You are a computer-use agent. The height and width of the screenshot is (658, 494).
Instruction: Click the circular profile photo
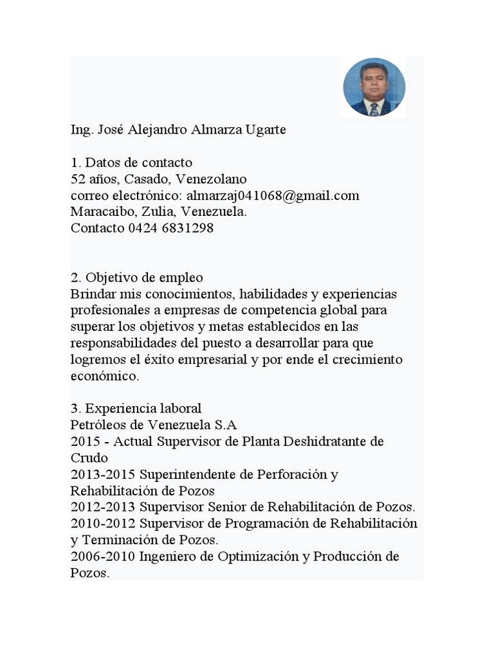coord(374,87)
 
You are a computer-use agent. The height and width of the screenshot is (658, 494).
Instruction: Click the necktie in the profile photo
coord(374,109)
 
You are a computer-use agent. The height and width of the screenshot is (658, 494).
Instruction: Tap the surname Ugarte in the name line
coord(266,130)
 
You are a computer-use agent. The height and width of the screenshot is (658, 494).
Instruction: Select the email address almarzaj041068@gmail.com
coord(273,195)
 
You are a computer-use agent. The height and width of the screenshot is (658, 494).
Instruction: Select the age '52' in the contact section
coord(78,179)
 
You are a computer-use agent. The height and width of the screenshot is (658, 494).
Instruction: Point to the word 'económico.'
coord(104,377)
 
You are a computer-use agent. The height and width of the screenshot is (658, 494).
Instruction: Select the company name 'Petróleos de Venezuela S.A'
coord(154,425)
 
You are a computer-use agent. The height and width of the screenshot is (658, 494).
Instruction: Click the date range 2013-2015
coord(103,475)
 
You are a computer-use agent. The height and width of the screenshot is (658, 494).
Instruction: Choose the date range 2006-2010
coord(103,556)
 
